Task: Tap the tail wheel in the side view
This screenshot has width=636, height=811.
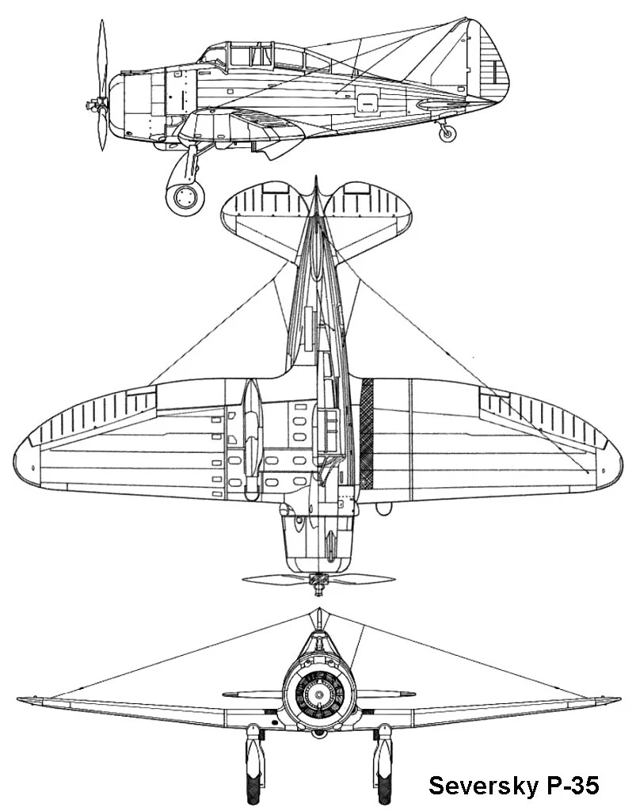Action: [x=447, y=133]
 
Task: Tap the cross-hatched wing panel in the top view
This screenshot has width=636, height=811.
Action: [x=367, y=433]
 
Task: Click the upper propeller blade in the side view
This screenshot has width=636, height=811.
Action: [x=101, y=55]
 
